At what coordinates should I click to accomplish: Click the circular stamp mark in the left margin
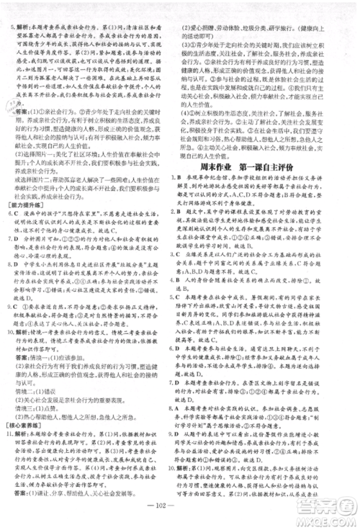pyautogui.click(x=12, y=107)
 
